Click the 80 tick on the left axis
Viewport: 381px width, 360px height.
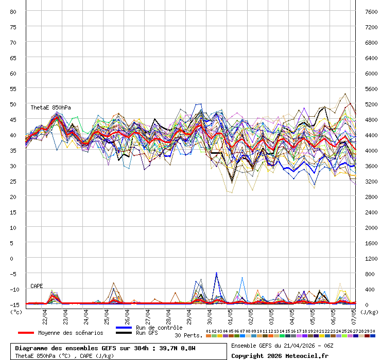(13, 11)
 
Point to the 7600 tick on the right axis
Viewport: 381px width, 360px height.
(371, 11)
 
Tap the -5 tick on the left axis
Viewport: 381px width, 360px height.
(13, 274)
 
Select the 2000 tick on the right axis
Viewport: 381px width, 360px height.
(371, 227)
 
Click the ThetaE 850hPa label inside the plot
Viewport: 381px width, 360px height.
(50, 107)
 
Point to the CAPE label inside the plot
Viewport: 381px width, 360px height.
(37, 286)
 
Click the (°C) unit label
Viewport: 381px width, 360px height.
(16, 311)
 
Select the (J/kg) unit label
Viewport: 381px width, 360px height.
(369, 312)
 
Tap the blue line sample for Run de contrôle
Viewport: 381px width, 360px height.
(124, 328)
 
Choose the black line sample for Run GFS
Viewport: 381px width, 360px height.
(124, 333)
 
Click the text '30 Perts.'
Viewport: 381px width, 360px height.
(188, 335)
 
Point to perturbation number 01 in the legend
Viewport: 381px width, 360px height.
(208, 331)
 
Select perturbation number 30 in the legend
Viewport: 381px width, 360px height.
(372, 331)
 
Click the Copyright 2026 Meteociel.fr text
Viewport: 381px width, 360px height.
(280, 355)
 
